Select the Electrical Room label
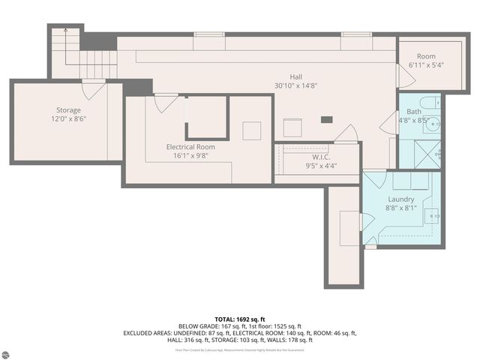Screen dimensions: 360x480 (x=190, y=147)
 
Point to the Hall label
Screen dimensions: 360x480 (x=297, y=76)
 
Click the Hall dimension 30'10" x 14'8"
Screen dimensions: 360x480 (x=297, y=85)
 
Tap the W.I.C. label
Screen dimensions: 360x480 (x=321, y=157)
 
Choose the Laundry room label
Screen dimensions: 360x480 (x=401, y=199)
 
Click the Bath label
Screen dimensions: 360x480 (x=414, y=111)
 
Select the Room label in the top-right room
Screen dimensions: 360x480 (x=426, y=56)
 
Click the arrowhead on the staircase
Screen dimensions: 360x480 (x=64, y=31)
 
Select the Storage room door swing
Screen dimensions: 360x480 (x=94, y=90)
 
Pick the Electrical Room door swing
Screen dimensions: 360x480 (x=166, y=103)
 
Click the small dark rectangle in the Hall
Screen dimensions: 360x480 (x=326, y=119)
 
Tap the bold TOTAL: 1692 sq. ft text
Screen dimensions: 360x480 (x=239, y=319)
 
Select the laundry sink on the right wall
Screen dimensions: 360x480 (x=434, y=215)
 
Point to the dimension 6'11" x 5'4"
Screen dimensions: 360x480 (x=426, y=65)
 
